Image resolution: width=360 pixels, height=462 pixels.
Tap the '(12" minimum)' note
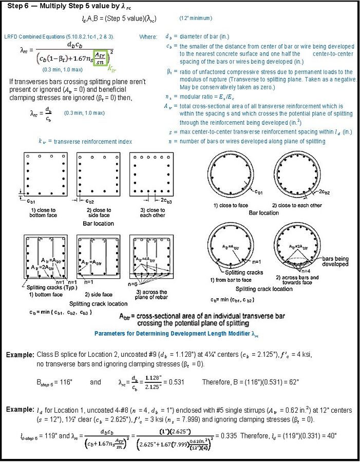196,18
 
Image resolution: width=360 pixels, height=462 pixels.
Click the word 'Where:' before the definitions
148,37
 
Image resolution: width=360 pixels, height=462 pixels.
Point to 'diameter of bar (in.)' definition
204,37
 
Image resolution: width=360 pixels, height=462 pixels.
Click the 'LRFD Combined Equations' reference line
59,37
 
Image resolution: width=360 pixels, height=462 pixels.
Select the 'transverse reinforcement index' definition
85,142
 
